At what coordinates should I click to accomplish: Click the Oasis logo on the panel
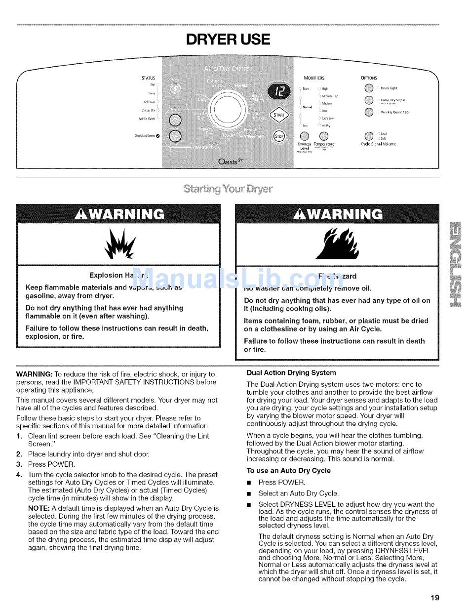(231, 162)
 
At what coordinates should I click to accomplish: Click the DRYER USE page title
(228, 39)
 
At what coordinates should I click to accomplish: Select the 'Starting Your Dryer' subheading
(228, 189)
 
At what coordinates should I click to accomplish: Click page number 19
(434, 597)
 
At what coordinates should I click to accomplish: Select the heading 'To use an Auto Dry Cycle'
(288, 471)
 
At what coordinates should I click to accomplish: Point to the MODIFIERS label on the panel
(313, 78)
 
